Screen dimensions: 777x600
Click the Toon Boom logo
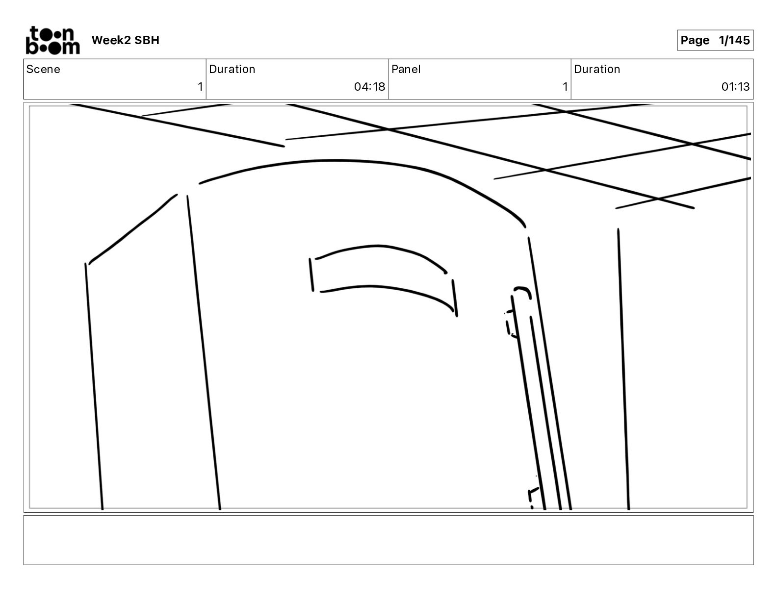click(52, 40)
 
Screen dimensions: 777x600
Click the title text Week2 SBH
click(125, 40)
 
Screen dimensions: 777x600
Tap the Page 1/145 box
click(715, 40)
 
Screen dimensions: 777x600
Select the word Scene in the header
click(43, 69)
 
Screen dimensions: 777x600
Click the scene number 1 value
click(200, 87)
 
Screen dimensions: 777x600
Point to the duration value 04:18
click(369, 87)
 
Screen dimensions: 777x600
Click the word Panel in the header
click(406, 69)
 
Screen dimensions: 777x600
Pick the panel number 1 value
click(565, 87)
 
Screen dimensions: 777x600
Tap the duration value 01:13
click(735, 87)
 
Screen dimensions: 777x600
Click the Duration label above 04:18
click(232, 69)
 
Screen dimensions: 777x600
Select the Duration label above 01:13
click(597, 69)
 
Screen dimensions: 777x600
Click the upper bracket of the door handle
click(510, 324)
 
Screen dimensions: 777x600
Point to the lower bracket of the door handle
click(532, 496)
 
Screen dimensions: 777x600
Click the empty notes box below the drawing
click(388, 540)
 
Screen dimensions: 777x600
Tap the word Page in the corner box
click(695, 40)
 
